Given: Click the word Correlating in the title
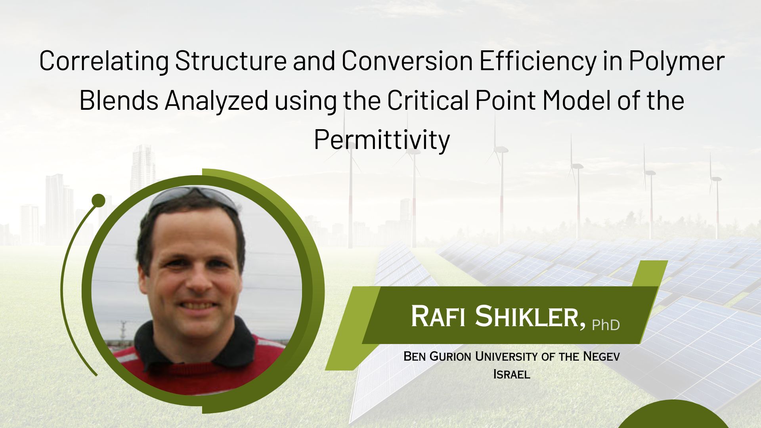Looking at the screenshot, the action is pos(104,61).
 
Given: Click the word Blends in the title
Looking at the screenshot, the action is pos(119,100).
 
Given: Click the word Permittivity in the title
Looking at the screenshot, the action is pos(382,139).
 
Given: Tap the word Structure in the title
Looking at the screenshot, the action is pos(231,61).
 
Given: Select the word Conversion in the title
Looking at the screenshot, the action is pos(407,61).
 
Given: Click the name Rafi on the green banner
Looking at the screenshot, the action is pos(438,316).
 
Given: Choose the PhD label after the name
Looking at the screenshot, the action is pos(606,325).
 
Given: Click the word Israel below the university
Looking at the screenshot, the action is pos(512,374).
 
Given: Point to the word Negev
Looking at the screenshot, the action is pos(601,356).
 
